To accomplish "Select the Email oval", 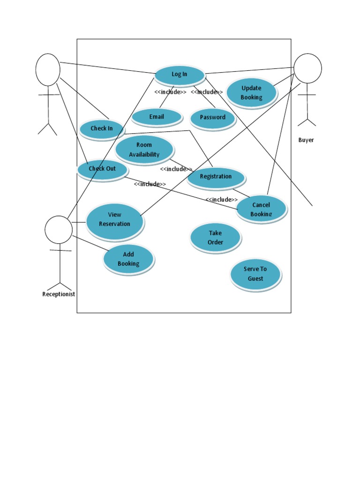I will pos(157,117).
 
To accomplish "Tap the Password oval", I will pos(213,118).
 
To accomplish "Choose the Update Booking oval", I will pos(251,93).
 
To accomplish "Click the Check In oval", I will pos(102,128).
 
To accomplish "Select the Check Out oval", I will pos(102,169).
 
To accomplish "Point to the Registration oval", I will pos(216,177).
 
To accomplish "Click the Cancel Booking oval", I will pos(261,208).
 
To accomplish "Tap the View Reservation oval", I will pos(114,220).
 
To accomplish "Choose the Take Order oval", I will pos(216,238).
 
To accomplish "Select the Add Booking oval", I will pos(128,259).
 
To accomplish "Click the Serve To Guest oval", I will pos(255,274).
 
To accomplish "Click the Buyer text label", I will pos(306,140).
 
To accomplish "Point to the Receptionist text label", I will pos(59,294).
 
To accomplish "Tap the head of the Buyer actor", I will pos(307,68).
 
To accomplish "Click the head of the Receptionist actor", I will pos(59,230).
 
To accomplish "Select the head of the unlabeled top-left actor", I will pos(48,69).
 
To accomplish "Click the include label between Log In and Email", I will pos(170,92).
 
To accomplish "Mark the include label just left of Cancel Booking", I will pos(221,200).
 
